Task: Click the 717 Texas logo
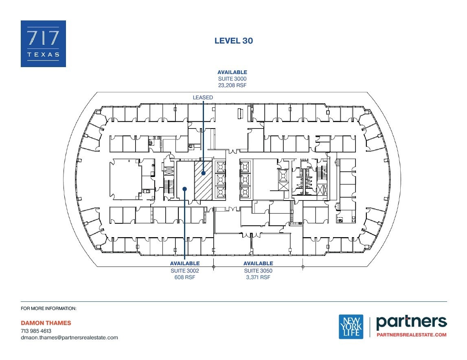click(43, 44)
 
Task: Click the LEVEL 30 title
click(234, 41)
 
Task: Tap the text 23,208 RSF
click(232, 85)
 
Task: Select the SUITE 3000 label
click(232, 79)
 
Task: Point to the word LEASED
click(203, 98)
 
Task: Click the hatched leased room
click(203, 180)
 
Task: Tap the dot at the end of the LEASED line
click(203, 173)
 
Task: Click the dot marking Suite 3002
click(185, 189)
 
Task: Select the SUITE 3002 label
click(185, 271)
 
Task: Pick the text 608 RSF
click(185, 277)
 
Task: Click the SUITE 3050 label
click(258, 271)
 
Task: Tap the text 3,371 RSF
click(258, 277)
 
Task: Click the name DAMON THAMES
click(46, 323)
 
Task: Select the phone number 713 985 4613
click(36, 331)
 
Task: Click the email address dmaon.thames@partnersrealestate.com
click(69, 337)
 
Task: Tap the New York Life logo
click(351, 327)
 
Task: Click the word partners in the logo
click(411, 322)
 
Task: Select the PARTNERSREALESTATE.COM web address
click(411, 335)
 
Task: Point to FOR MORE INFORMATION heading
click(48, 309)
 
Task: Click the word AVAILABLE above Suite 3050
click(258, 264)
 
